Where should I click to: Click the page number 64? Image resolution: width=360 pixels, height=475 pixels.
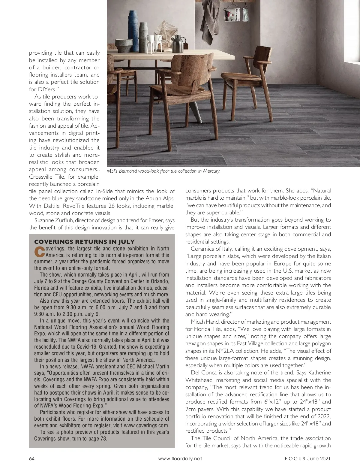click(x=31, y=458)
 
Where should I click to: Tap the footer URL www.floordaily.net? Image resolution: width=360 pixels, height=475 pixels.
click(x=180, y=458)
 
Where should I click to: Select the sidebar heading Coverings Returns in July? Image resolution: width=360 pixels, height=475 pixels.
click(x=84, y=242)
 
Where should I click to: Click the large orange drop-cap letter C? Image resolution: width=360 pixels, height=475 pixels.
click(x=39, y=252)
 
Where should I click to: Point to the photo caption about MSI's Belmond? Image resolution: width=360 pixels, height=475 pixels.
click(x=163, y=171)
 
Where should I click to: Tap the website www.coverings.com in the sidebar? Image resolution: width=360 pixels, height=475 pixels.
click(x=146, y=425)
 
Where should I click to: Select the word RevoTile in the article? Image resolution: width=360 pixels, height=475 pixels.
click(x=76, y=206)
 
